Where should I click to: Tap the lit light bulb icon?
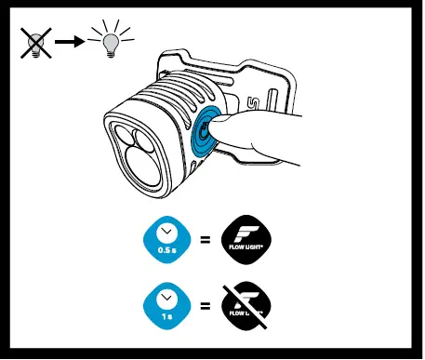click(x=112, y=42)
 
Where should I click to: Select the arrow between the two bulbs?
click(x=72, y=43)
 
